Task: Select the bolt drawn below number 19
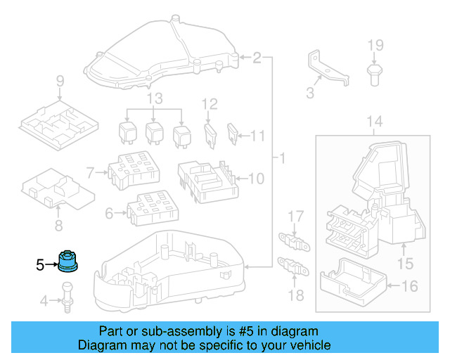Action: [374, 71]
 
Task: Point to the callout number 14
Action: [375, 122]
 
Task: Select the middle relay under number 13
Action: [154, 132]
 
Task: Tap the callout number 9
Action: [60, 81]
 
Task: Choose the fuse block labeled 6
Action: [146, 205]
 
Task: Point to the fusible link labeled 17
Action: [294, 239]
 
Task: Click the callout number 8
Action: [58, 226]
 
